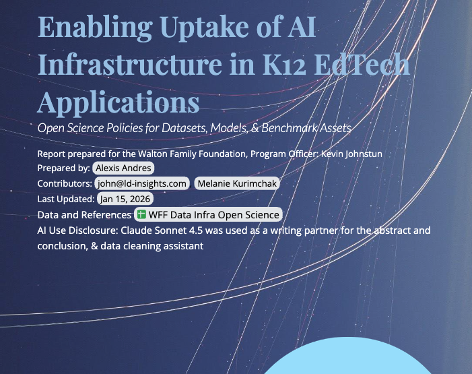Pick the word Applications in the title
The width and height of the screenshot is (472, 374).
point(119,102)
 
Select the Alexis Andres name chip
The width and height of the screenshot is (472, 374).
point(123,168)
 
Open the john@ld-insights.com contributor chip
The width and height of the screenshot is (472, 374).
point(141,183)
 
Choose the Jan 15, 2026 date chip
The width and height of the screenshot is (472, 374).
point(126,199)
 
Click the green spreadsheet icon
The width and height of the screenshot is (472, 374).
point(142,215)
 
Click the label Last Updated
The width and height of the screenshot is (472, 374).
point(66,199)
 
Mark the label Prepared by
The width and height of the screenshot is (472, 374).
point(63,168)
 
